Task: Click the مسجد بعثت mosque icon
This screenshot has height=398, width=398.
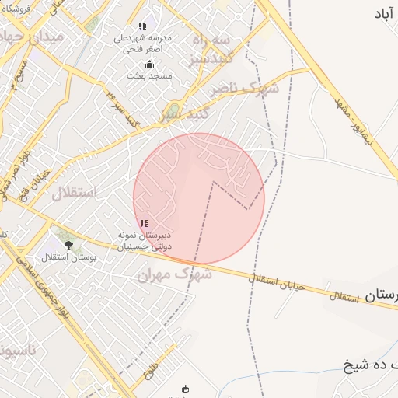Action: pyautogui.click(x=150, y=64)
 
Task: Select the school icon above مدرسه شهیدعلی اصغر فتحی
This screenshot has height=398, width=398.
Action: pyautogui.click(x=142, y=26)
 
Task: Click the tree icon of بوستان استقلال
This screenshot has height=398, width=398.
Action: pyautogui.click(x=68, y=245)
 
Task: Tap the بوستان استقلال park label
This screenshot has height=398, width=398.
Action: pyautogui.click(x=68, y=257)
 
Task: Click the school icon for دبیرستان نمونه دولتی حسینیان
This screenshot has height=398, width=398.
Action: pyautogui.click(x=143, y=223)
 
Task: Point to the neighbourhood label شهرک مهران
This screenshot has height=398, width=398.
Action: pyautogui.click(x=174, y=274)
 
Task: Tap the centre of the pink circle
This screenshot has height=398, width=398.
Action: pyautogui.click(x=199, y=199)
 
